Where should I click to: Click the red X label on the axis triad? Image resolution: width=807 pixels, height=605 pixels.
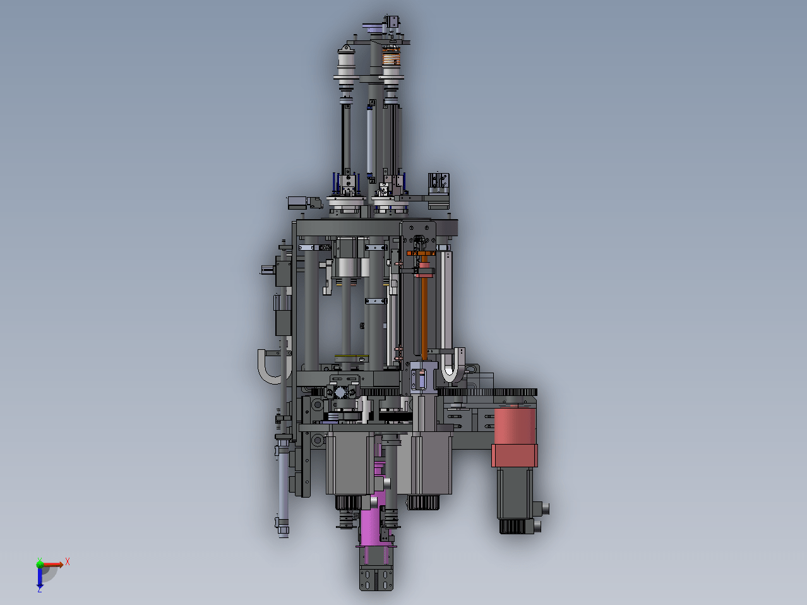point(68,561)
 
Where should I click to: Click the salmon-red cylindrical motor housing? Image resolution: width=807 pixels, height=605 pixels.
point(515,436)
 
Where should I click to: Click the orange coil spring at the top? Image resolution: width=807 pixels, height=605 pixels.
point(391,57)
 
